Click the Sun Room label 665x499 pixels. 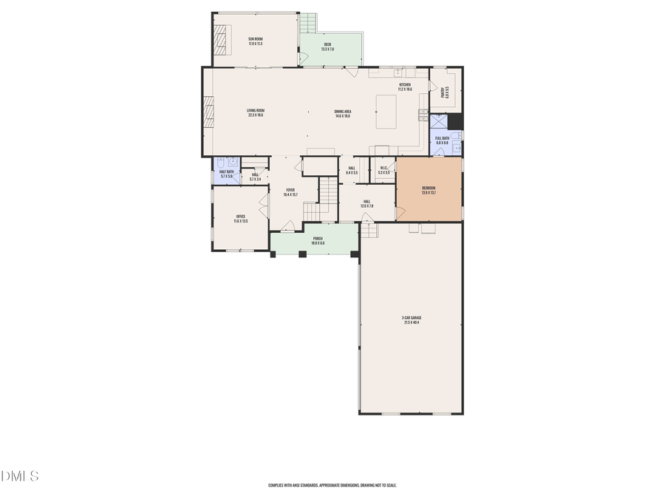click(255, 41)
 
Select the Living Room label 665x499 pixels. click(255, 113)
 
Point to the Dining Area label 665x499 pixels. click(342, 114)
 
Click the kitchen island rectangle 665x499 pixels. click(386, 112)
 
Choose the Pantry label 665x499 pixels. click(445, 93)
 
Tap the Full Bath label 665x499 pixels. click(442, 140)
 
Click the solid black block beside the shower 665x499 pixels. click(455, 121)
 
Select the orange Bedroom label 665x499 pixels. click(429, 190)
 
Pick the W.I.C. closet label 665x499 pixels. click(383, 170)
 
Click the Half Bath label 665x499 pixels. click(226, 174)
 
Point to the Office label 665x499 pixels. click(240, 218)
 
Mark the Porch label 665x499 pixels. click(317, 240)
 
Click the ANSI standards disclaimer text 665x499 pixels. click(332, 486)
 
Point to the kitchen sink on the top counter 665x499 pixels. click(398, 72)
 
